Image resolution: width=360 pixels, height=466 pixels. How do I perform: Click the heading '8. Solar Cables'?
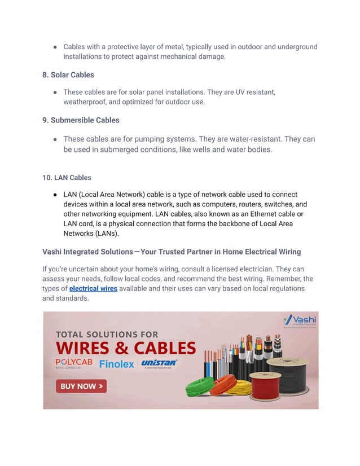point(68,74)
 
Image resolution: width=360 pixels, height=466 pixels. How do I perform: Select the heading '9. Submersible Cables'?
point(80,120)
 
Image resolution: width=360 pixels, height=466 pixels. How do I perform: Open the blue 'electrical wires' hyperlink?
point(93,288)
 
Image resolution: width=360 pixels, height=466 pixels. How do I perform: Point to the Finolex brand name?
point(116,364)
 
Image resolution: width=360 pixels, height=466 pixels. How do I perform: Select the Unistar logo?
point(159,363)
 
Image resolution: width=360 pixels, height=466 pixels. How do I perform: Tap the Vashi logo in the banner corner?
point(299,322)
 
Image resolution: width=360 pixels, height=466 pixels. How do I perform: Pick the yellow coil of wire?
point(238,387)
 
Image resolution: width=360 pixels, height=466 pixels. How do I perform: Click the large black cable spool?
point(292,375)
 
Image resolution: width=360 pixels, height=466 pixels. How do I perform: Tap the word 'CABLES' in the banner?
point(164,348)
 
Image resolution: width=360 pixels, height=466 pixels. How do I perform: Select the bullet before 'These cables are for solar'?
point(55,92)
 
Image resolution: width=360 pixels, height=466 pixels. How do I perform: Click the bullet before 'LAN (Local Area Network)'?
point(55,194)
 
